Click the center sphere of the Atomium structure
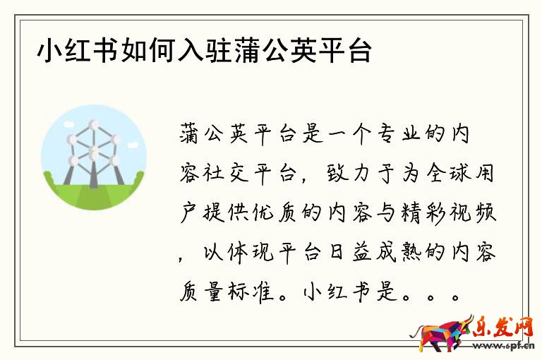[x=93, y=152]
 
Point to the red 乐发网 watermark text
[x=502, y=326]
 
